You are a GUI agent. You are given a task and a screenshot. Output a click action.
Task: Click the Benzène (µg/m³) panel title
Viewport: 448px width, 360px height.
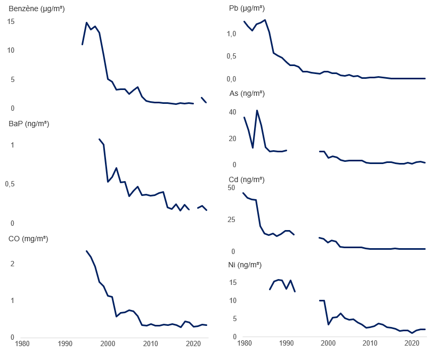(37, 9)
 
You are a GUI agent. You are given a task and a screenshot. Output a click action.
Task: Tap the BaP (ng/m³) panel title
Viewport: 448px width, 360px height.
(29, 124)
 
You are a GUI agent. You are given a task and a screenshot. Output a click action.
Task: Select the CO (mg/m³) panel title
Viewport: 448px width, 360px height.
(28, 239)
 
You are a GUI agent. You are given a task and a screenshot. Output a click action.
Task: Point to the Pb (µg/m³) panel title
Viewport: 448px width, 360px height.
(247, 9)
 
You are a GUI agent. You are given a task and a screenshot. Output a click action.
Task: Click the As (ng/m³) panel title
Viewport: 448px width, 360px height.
(247, 94)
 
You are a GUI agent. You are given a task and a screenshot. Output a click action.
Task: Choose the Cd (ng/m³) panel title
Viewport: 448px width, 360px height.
(247, 179)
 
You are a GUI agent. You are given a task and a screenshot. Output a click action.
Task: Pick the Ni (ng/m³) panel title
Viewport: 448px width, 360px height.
(245, 265)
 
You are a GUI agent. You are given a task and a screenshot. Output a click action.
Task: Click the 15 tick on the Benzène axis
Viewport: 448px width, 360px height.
(11, 22)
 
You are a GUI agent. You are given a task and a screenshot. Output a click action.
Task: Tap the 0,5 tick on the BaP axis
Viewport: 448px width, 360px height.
(10, 184)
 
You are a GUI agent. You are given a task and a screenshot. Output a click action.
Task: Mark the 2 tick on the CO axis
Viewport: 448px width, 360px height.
(12, 264)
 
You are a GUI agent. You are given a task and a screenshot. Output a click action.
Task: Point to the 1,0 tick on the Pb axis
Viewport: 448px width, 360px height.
(231, 34)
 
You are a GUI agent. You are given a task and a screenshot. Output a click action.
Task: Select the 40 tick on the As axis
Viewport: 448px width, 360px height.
(233, 112)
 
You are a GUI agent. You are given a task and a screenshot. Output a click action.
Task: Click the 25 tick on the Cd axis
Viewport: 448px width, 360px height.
(231, 220)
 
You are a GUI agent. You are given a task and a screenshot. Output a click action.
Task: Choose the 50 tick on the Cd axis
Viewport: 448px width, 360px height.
(231, 187)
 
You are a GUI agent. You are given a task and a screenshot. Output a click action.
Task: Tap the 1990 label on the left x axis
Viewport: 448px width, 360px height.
(65, 343)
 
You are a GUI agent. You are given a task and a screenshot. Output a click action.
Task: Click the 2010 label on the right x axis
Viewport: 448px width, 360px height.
(370, 343)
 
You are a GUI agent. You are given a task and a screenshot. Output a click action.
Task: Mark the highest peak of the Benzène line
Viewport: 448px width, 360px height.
(87, 22)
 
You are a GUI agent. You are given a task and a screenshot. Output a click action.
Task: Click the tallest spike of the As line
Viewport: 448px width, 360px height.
(257, 110)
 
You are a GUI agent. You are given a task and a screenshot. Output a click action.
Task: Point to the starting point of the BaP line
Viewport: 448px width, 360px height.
(99, 139)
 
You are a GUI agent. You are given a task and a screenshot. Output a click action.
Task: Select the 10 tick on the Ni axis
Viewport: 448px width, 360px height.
(233, 300)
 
